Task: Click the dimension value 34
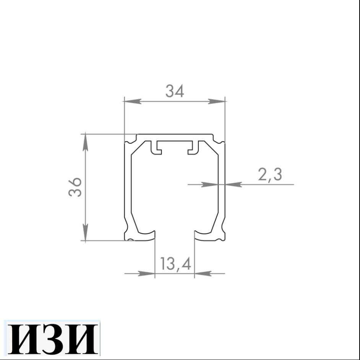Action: pos(175,91)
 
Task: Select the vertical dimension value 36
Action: pos(75,187)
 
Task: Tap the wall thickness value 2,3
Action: pos(270,174)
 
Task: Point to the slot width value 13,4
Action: pos(175,264)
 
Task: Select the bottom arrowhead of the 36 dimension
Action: pos(86,233)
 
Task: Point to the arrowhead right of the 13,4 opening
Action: pos(203,274)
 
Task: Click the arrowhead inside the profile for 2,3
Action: pos(209,184)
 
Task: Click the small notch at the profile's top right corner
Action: pos(221,142)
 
